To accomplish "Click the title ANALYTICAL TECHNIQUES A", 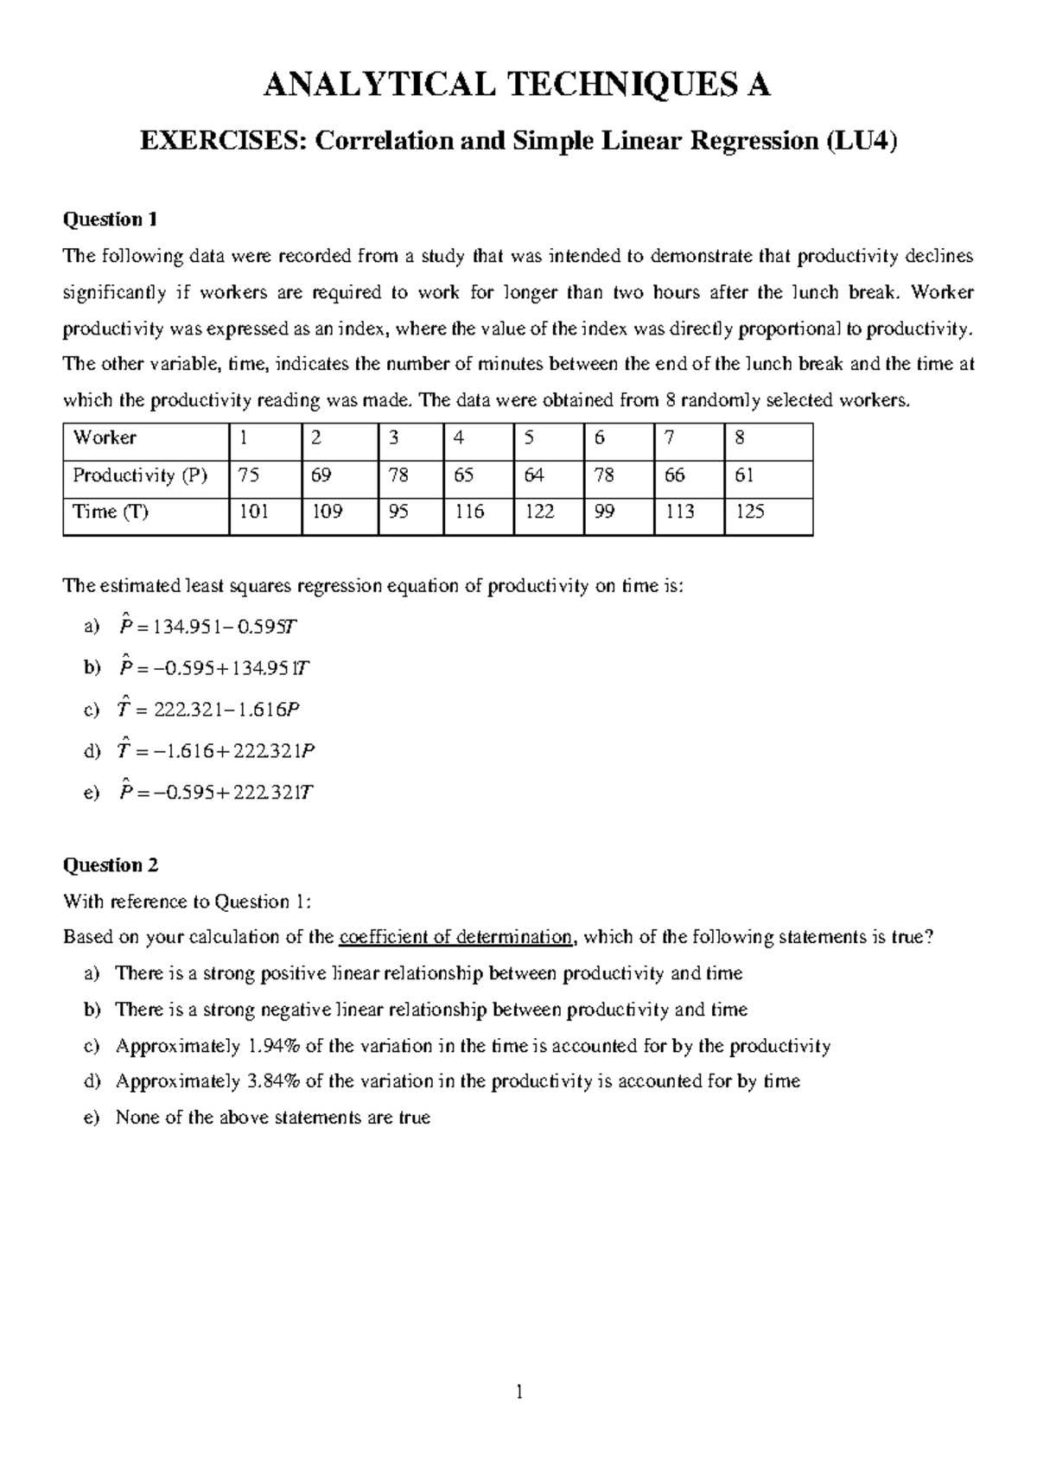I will point(517,86).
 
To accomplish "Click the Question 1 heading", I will point(110,220).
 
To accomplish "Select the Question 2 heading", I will point(110,865).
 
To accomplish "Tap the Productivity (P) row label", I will point(140,475).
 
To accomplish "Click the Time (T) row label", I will point(111,512).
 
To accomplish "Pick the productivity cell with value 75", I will point(250,475).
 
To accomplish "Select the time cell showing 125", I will point(749,512).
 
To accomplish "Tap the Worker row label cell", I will point(105,437).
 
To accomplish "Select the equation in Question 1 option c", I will point(208,710).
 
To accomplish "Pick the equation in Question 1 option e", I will point(215,793).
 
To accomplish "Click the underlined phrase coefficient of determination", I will point(455,938).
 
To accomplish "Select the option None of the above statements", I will point(272,1118).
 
